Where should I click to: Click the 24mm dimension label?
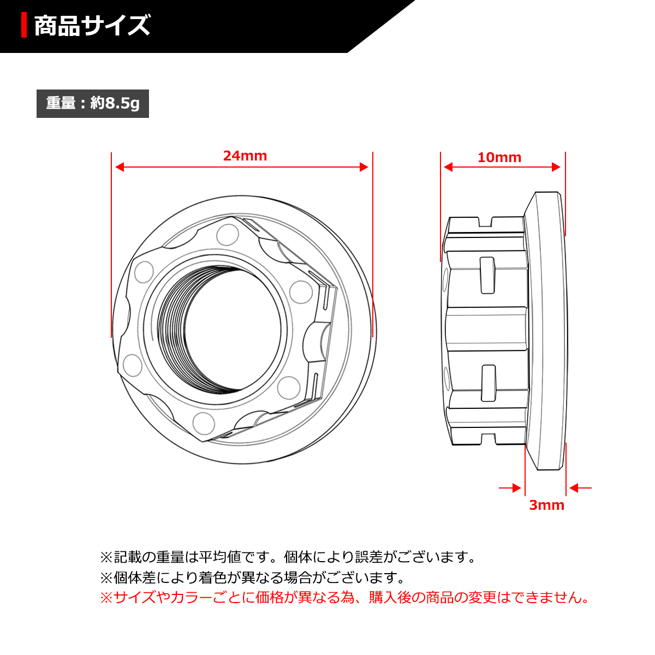tap(245, 156)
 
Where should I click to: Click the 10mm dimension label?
tap(499, 158)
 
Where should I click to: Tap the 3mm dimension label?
tap(546, 505)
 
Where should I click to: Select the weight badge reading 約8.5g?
tap(93, 103)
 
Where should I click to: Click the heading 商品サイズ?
tap(92, 26)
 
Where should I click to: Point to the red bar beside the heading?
tap(24, 26)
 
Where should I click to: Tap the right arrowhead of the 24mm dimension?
tap(364, 167)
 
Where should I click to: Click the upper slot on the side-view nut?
tap(487, 275)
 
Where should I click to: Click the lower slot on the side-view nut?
tap(489, 383)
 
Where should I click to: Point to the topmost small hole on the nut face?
tap(227, 235)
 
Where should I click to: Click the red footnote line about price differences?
tap(345, 597)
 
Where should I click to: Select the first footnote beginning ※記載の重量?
tap(289, 557)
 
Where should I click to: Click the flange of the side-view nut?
tap(545, 330)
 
